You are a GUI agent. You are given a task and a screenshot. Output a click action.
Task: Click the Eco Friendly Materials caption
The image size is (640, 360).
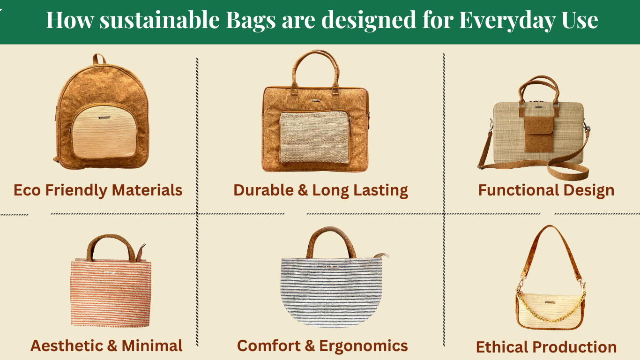point(98,190)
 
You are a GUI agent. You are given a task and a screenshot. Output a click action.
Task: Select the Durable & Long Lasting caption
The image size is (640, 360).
point(320,190)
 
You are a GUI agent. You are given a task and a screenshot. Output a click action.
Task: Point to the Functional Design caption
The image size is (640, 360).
point(546,190)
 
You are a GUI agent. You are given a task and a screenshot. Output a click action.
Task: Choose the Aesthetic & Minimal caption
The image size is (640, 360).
point(106,346)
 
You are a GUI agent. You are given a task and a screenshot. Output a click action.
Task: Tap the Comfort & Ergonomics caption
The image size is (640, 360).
point(322,346)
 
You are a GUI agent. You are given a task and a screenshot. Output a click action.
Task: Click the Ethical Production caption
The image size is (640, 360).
point(546,347)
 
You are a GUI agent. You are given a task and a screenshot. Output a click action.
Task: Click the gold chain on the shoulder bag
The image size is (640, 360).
point(551,312)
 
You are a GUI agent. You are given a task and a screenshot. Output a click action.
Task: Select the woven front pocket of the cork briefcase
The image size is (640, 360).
point(314,137)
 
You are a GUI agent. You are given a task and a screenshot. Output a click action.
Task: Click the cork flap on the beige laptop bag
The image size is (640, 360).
point(538,134)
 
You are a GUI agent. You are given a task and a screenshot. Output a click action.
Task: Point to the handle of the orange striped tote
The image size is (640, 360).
point(110,241)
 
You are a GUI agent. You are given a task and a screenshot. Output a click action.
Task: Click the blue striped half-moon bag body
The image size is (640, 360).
point(331,295)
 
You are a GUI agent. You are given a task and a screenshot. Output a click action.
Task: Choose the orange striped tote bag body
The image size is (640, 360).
point(111,293)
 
